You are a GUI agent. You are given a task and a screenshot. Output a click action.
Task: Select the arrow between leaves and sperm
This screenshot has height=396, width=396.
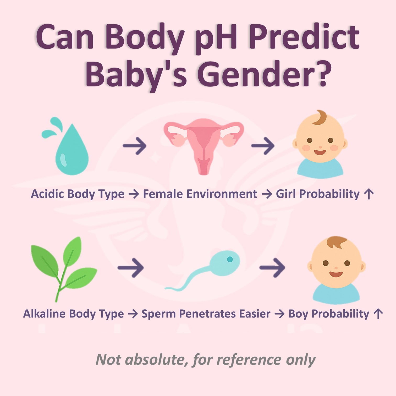coord(131,268)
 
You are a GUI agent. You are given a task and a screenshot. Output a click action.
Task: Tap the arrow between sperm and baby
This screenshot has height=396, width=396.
coord(272,268)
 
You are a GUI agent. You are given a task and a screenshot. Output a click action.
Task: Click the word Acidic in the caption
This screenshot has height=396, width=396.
coord(47,194)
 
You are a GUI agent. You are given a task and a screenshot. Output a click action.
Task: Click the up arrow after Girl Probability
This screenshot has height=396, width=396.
coord(369,194)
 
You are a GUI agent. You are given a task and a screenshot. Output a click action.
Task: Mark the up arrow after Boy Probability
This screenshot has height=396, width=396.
coord(378,314)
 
